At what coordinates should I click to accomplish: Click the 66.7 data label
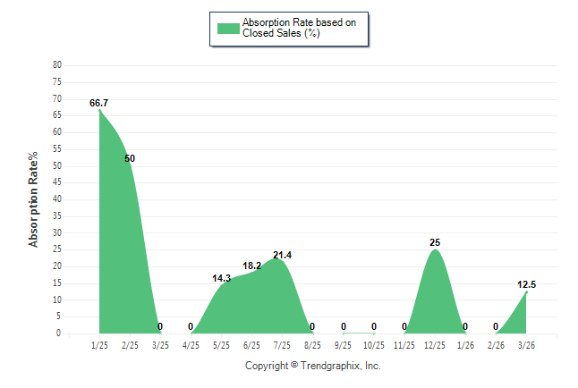99,104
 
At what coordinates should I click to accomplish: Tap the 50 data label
130,158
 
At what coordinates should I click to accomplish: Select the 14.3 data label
221,278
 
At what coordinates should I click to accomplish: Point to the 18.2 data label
251,266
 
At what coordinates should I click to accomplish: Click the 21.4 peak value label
282,255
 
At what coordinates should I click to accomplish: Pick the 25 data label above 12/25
435,242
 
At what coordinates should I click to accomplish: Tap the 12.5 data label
526,284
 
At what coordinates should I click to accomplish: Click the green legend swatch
228,28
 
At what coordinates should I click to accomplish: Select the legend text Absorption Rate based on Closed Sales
293,28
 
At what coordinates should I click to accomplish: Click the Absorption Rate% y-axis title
34,199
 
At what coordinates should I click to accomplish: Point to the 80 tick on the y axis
57,65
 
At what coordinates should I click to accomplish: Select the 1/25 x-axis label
99,345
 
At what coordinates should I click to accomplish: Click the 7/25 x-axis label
282,345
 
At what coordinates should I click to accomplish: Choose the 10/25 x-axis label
374,345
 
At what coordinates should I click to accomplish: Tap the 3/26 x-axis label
526,345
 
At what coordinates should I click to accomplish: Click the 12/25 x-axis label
435,345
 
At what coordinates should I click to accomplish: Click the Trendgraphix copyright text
313,367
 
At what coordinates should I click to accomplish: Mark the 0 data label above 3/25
160,326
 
